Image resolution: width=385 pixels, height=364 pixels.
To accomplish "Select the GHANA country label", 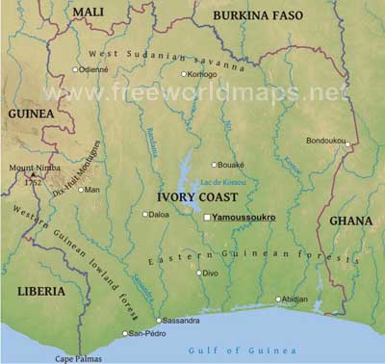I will tap(350, 221).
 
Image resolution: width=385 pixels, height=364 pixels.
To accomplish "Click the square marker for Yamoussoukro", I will tap(207, 218).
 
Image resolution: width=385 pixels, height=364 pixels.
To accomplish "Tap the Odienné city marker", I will tap(76, 69).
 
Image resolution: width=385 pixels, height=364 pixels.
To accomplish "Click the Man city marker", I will tap(81, 190).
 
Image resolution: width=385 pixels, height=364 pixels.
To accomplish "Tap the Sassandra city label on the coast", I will tap(183, 320).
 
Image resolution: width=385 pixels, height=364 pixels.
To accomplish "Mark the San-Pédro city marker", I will tap(124, 333).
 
